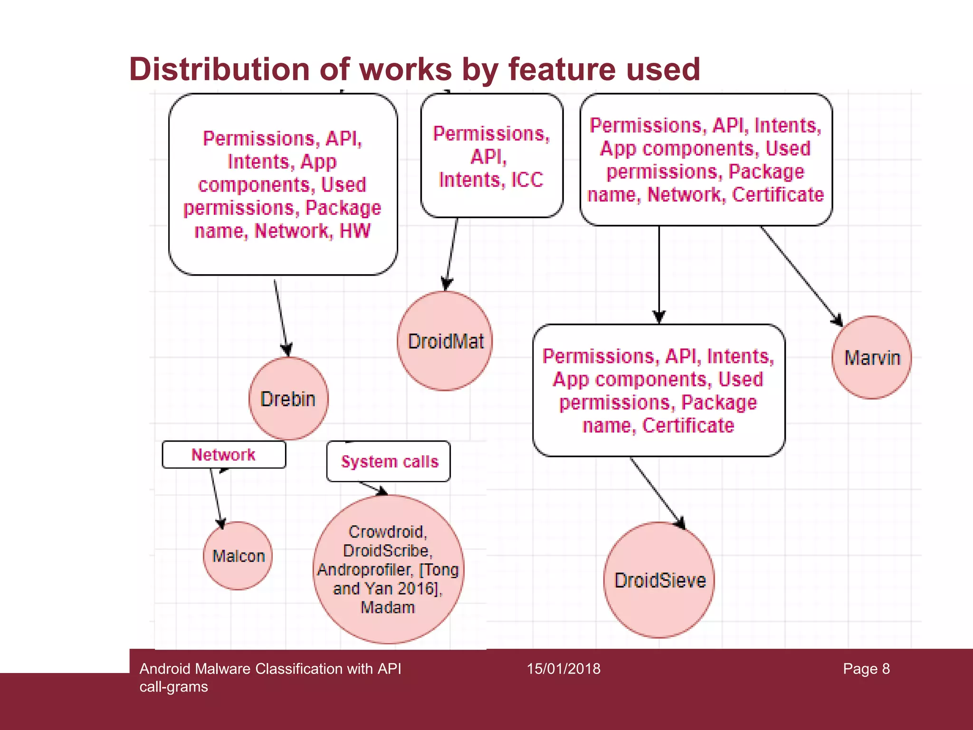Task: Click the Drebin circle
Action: click(288, 398)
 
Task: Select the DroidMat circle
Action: click(445, 341)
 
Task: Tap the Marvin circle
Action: click(872, 357)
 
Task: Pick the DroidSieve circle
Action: click(659, 580)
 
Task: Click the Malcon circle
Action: click(238, 556)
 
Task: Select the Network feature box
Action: click(224, 455)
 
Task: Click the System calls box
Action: click(389, 461)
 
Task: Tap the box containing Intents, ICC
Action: click(492, 156)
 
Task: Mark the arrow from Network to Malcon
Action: click(216, 497)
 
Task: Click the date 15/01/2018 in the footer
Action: click(563, 669)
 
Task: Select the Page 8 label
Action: click(866, 669)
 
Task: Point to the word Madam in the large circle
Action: click(388, 607)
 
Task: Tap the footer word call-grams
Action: click(174, 687)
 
